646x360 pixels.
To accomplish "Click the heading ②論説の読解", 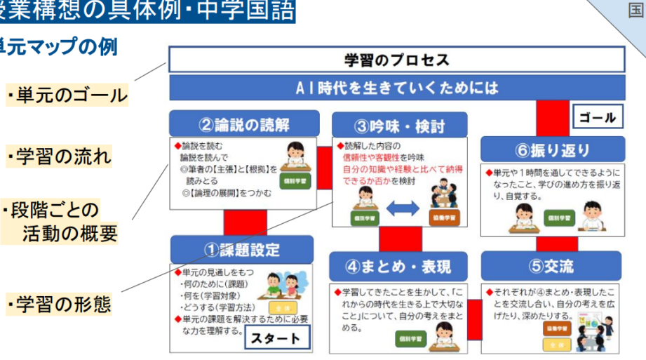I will pos(243,124).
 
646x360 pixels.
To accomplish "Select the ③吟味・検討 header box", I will pos(400,126).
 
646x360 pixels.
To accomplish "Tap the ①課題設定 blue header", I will pos(242,249).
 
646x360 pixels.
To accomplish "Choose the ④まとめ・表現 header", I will pos(398,267).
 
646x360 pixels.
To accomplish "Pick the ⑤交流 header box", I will pos(551,266).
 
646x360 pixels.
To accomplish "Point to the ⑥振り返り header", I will pos(553,149).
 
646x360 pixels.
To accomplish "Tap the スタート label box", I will pos(276,338).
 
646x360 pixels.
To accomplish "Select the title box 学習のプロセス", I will pos(396,60).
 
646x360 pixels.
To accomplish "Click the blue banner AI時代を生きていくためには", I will pos(396,88).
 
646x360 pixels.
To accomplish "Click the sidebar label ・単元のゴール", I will pos(67,95).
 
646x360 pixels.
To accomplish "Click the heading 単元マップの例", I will pos(59,47).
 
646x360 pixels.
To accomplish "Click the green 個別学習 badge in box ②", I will pos(293,180).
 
